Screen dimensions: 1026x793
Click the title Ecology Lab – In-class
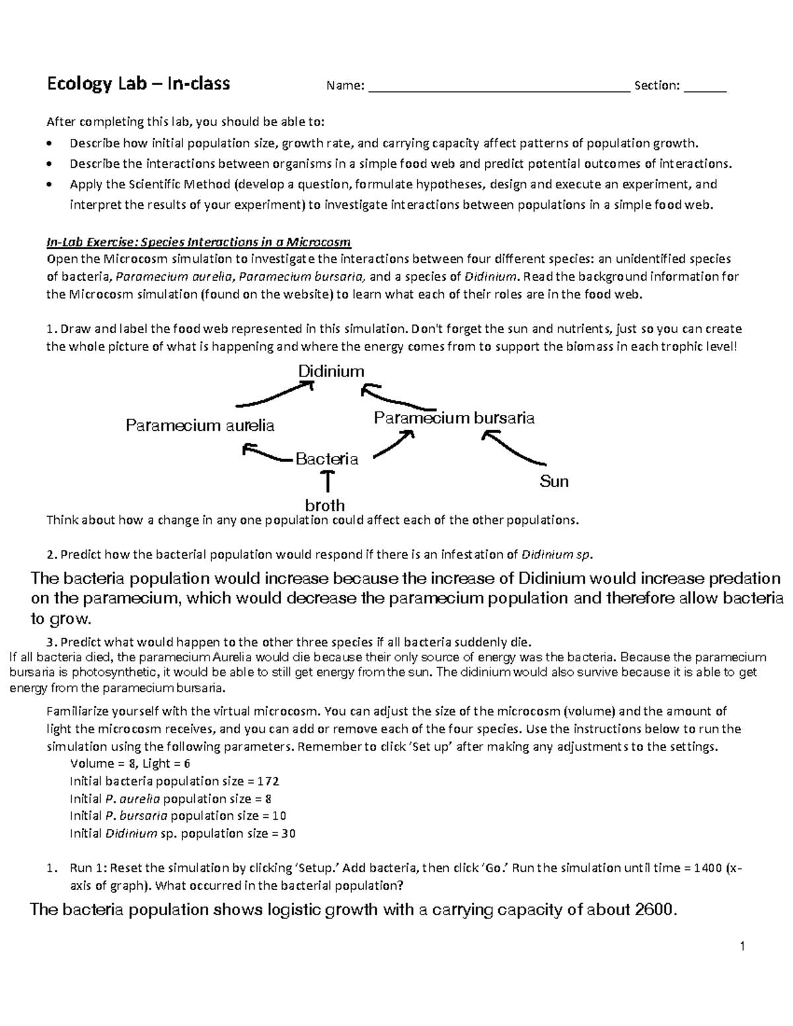click(137, 84)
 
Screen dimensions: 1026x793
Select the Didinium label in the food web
click(331, 371)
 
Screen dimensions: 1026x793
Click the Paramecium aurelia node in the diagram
click(200, 425)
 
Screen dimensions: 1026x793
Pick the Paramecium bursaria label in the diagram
click(454, 418)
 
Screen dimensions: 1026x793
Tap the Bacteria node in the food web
click(326, 458)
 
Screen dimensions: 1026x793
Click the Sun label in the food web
click(554, 482)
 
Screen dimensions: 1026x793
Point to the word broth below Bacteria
click(324, 505)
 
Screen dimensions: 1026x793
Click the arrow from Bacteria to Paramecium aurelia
click(266, 453)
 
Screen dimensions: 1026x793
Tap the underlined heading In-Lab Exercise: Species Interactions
click(198, 241)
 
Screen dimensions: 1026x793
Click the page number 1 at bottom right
click(743, 947)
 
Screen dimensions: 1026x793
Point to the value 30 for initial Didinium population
click(288, 833)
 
